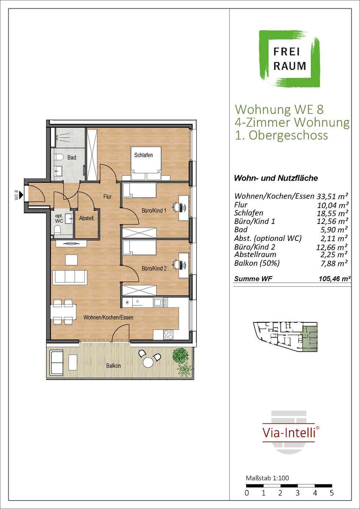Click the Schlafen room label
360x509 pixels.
pos(143,155)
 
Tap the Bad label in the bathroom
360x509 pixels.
pos(72,157)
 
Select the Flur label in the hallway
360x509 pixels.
pos(107,196)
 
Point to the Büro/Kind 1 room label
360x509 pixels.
pos(154,211)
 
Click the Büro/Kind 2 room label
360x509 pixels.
pos(154,268)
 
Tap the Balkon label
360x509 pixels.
pos(113,366)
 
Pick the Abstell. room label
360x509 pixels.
pos(87,218)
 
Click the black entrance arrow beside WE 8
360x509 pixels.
pos(21,195)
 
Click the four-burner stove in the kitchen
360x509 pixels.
pos(168,334)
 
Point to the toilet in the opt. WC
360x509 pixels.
pos(58,230)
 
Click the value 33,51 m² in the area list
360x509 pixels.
pos(332,196)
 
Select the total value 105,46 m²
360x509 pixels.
pos(335,279)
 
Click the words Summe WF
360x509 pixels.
pos(253,279)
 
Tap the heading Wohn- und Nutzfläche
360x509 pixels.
pos(276,178)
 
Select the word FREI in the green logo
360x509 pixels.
pos(287,52)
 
